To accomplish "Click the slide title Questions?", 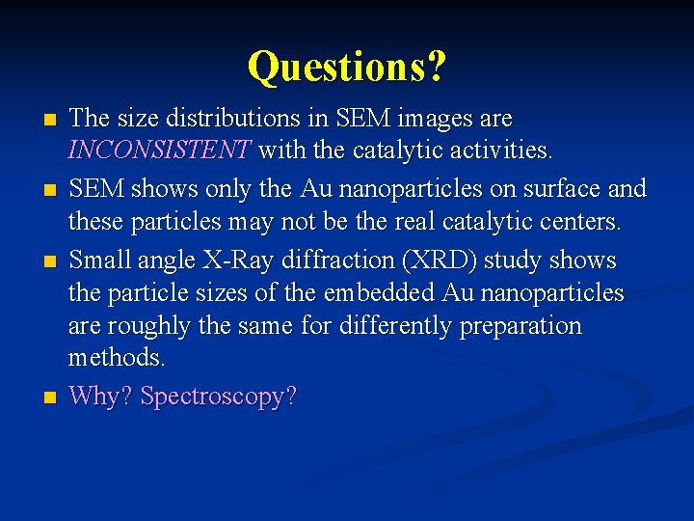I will [x=347, y=67].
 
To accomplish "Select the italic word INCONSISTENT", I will [x=159, y=150].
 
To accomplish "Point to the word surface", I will [x=554, y=188].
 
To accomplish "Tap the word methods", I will [x=117, y=358].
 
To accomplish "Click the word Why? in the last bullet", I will [x=101, y=396].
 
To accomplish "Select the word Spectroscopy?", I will [x=219, y=397].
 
